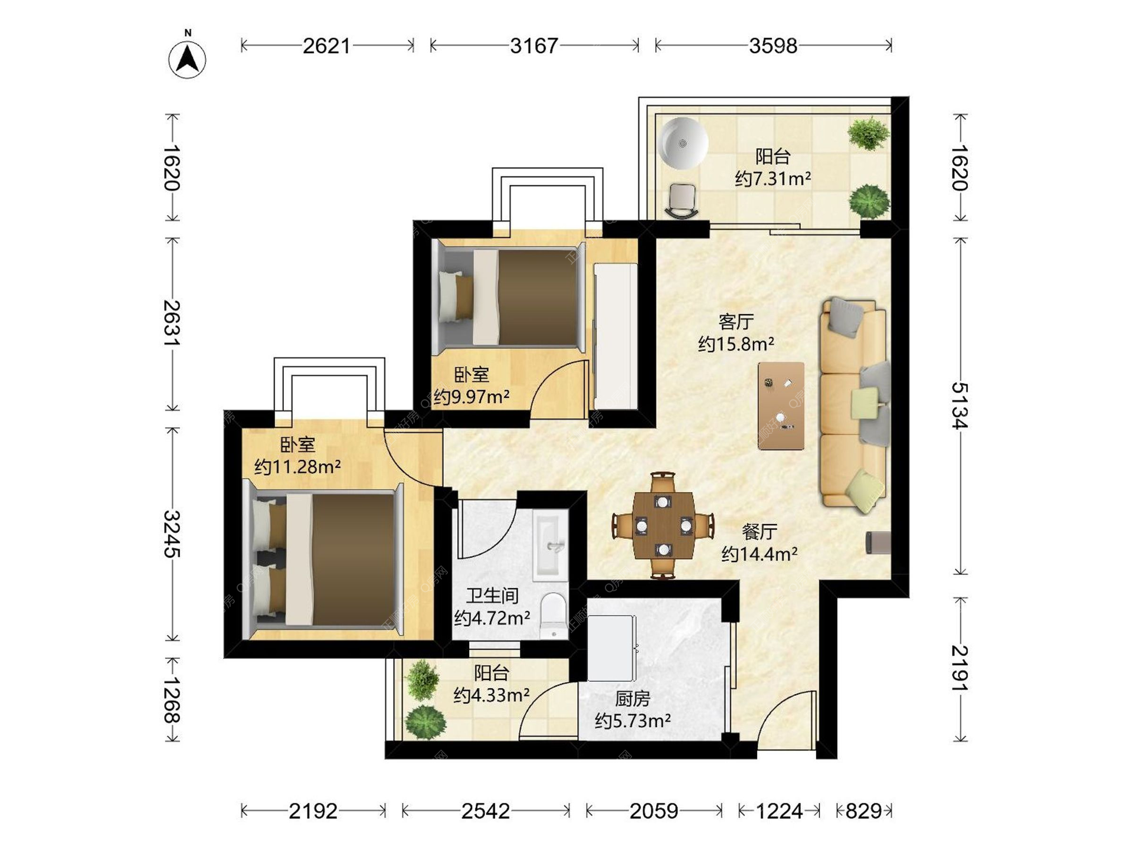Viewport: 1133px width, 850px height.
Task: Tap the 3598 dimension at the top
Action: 773,45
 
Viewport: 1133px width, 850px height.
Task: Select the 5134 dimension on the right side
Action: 960,406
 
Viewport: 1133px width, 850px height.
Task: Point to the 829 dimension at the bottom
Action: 864,811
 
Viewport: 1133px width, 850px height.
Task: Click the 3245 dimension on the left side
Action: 172,534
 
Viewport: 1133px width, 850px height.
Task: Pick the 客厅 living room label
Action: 736,322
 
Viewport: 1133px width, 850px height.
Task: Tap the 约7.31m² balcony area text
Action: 772,178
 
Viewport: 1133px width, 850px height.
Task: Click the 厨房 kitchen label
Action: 633,699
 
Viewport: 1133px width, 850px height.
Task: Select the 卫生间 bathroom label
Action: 492,596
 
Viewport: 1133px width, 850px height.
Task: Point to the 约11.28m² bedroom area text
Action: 297,467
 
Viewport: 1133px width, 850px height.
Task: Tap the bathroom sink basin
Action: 550,545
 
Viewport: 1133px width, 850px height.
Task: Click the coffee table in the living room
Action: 781,406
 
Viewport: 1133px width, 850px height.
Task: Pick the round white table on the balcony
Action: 683,143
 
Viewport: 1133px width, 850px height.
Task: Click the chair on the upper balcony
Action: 683,201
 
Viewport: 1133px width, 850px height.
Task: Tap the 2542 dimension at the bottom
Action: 485,811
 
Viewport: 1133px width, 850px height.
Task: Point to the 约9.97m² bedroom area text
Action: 471,397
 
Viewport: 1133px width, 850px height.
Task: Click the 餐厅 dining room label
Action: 759,532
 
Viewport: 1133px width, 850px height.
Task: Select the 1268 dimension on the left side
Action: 172,699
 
